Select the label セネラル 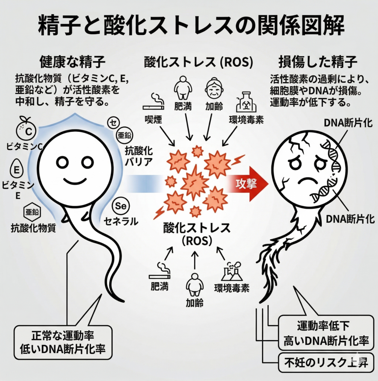click(x=121, y=222)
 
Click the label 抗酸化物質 click(x=33, y=227)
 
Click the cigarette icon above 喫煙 click(x=154, y=102)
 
